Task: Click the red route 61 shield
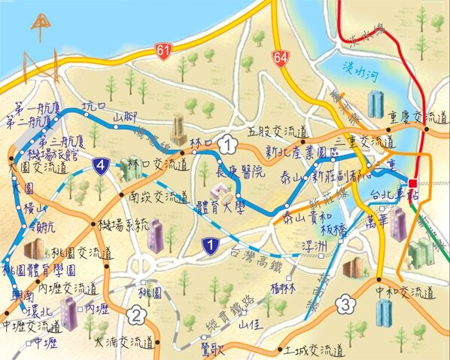pos(164,50)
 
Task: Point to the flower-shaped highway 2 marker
pos(136,315)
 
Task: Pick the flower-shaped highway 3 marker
pos(345,305)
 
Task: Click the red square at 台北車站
pos(412,182)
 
